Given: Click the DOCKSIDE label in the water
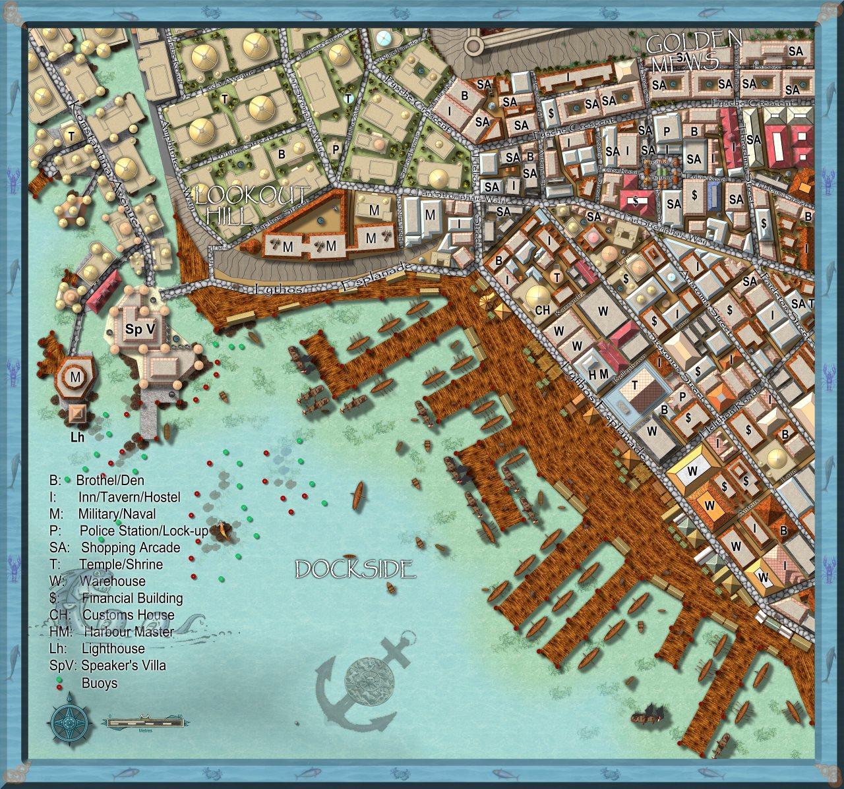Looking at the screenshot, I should [x=355, y=570].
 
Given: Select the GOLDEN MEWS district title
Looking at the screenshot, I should [x=692, y=51].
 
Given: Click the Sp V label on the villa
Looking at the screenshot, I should [x=140, y=329].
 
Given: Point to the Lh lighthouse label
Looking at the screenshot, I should [x=77, y=437].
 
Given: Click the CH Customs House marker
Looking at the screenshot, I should [x=542, y=310].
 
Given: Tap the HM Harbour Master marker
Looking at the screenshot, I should [x=598, y=374].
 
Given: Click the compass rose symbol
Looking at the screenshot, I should [x=69, y=722].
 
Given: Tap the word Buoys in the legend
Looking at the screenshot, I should [x=99, y=683].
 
